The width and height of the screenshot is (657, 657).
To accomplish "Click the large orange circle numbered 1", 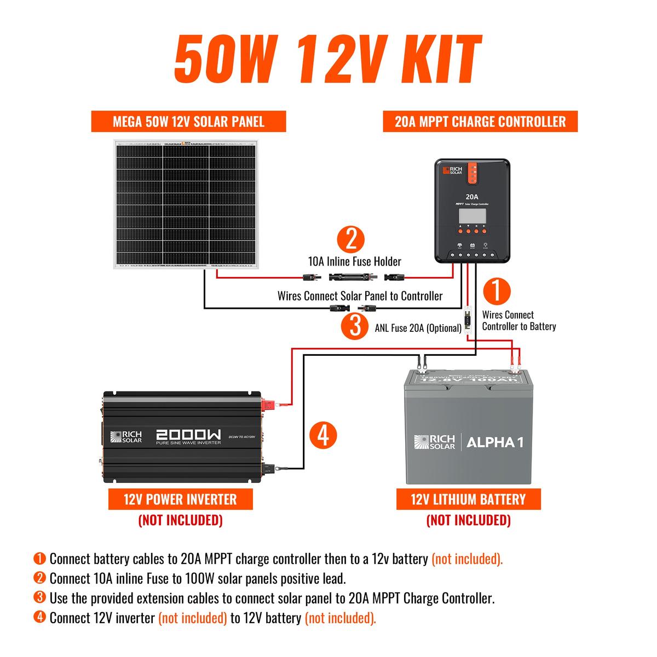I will coord(495,291).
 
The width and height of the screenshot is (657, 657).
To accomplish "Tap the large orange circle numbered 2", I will coord(351,239).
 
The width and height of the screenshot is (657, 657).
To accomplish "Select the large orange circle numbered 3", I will coord(355,326).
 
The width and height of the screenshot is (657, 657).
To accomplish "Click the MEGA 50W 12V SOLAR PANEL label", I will coord(189,121).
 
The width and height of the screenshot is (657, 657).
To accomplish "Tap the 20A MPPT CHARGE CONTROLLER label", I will coord(480,121).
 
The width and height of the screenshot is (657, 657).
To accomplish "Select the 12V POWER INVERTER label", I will coord(180,499).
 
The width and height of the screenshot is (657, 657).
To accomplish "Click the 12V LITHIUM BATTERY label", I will coord(468,499).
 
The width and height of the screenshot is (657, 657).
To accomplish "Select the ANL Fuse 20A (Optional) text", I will coord(418,328).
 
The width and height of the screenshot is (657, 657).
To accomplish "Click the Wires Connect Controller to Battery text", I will coord(518,321).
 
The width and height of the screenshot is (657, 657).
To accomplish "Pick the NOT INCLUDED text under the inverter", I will coord(180,520).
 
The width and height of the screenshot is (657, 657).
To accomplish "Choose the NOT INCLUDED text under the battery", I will coord(468,520).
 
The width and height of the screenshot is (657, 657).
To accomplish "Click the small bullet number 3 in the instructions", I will coord(39,597).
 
